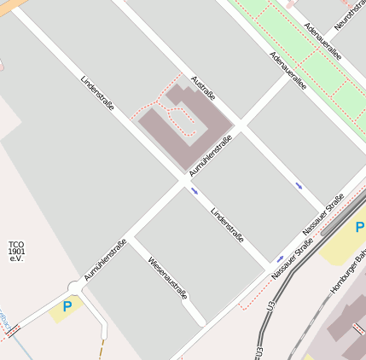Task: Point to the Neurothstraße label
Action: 350,15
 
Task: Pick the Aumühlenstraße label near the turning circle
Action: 105,260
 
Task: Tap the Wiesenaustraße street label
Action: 167,278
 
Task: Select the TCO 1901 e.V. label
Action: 16,251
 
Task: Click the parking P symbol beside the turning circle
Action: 67,306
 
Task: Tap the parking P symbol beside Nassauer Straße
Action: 360,228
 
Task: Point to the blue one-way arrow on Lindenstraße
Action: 195,191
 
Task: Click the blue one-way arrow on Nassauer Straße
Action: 280,258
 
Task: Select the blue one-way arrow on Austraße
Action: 299,184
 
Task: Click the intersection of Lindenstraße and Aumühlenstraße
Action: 184,180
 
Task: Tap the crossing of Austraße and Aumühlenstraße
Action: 241,129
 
